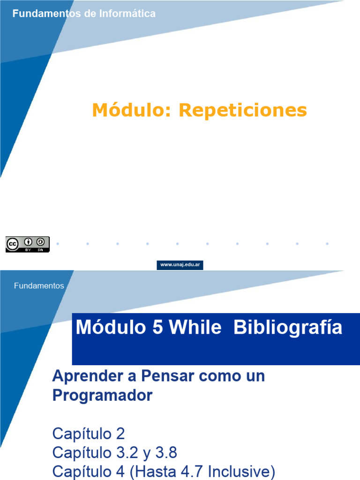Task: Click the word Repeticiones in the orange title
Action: click(243, 111)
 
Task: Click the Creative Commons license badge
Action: click(27, 244)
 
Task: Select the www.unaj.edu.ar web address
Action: click(180, 265)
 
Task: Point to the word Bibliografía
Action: click(288, 328)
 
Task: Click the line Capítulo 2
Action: click(88, 433)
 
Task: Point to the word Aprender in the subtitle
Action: click(82, 376)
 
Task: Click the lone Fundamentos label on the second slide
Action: click(39, 285)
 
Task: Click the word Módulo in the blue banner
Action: click(110, 328)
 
